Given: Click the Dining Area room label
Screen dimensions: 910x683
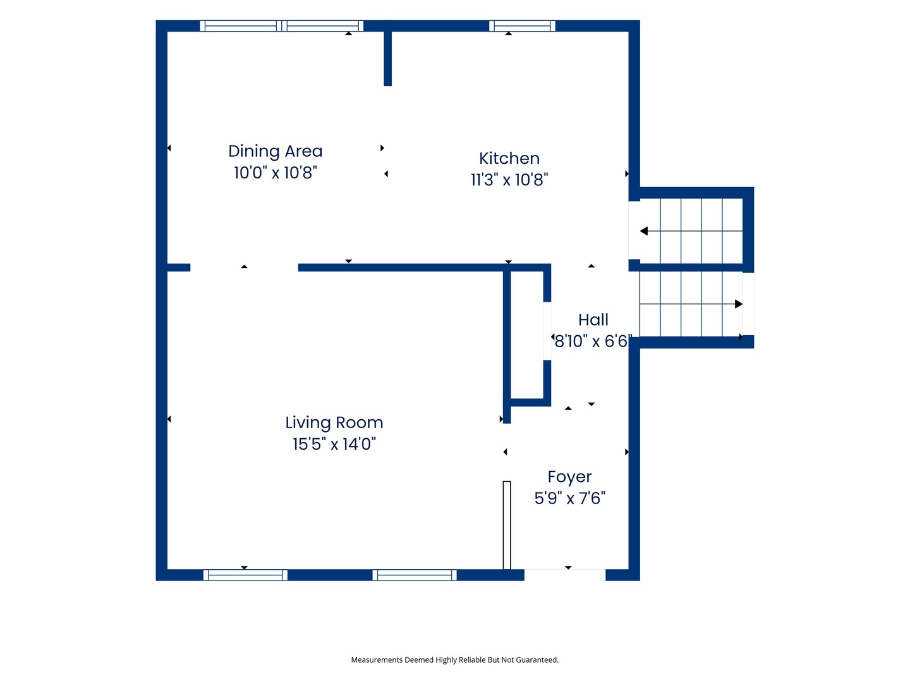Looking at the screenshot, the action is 275,151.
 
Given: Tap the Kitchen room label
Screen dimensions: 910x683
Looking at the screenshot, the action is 509,158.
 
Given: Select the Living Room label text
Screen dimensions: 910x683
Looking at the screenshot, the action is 334,422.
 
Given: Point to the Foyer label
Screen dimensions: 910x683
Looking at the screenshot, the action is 569,477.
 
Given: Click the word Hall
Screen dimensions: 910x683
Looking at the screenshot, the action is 593,320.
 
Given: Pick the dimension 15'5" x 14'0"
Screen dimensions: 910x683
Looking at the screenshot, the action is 334,444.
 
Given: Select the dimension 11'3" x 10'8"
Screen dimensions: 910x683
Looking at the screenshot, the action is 509,180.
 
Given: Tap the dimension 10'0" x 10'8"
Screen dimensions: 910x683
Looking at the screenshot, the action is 275,173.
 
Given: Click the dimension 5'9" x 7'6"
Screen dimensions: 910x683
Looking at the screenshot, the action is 569,498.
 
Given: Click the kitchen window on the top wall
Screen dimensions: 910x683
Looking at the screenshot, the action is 521,26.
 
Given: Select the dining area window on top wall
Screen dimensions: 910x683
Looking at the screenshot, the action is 281,26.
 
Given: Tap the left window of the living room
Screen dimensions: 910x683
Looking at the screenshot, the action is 245,575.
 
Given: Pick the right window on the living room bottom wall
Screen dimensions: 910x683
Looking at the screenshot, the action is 414,575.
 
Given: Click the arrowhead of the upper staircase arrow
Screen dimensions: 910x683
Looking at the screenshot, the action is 643,231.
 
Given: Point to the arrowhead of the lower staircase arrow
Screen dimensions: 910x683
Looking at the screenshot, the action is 738,304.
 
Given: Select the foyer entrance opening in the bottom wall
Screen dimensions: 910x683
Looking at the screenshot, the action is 565,575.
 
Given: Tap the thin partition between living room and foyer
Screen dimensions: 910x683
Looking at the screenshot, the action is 507,525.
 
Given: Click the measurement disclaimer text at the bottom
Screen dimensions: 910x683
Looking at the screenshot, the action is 454,660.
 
